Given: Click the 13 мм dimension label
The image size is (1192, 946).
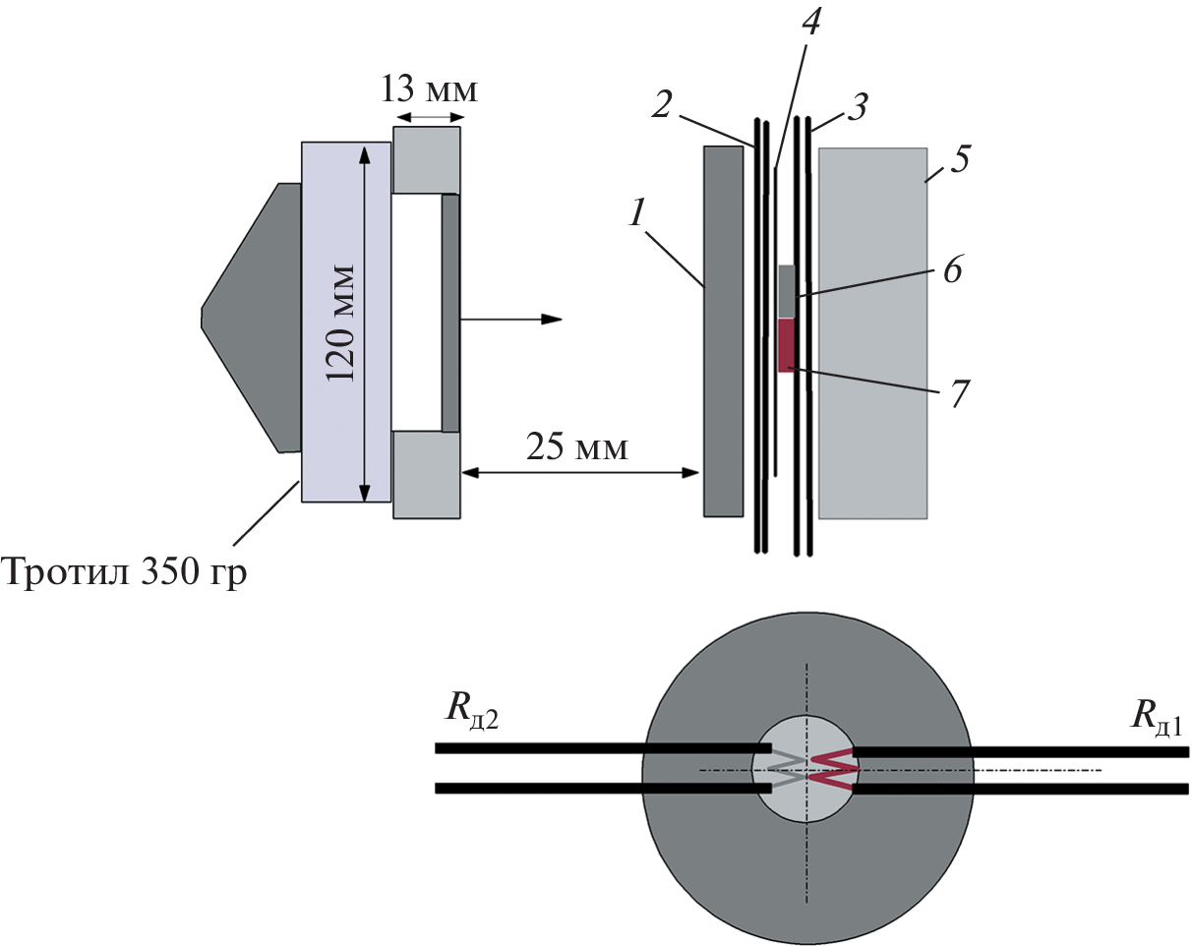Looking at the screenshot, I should point(430,91).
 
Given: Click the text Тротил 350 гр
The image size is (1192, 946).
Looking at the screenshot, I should point(124,569).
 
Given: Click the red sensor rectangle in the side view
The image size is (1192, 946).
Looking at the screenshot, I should point(786,345).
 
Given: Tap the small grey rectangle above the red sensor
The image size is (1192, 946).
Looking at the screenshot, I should point(786,291).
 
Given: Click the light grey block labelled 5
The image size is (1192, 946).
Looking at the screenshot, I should point(872,332).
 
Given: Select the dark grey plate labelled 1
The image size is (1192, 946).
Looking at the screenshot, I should point(723,331).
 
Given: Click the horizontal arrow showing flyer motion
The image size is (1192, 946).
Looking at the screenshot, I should point(511,319).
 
